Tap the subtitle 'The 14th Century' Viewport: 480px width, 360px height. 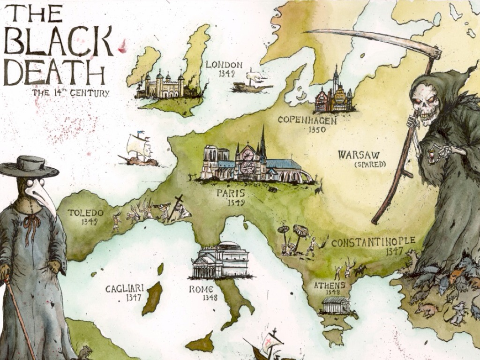pyautogui.click(x=70, y=93)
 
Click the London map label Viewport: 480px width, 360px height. pyautogui.click(x=224, y=65)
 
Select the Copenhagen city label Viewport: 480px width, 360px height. pyautogui.click(x=307, y=120)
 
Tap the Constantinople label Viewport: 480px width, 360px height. pyautogui.click(x=373, y=242)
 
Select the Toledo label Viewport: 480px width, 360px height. pyautogui.click(x=85, y=213)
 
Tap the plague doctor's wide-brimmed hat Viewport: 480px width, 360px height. pyautogui.click(x=29, y=166)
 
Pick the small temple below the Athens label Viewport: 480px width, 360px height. pyautogui.click(x=336, y=305)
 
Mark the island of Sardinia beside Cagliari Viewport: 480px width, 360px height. pyautogui.click(x=152, y=299)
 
